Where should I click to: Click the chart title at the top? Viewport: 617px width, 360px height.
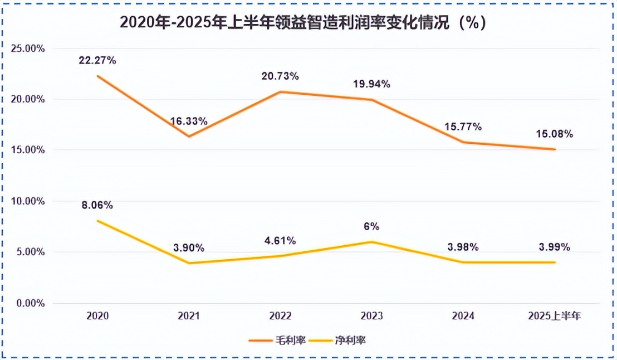coord(302,22)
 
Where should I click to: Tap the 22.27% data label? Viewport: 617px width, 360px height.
coord(97,60)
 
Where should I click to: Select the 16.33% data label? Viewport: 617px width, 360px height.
coord(189,121)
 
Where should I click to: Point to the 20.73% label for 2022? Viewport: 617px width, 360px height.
coord(280,76)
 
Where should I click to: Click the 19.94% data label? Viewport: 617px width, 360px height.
coord(371,84)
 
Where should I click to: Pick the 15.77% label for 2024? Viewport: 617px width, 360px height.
coord(463,127)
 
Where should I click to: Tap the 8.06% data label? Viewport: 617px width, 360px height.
coord(97,205)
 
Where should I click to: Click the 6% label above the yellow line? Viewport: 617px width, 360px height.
coord(371,226)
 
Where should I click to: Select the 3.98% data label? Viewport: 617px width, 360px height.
coord(463,247)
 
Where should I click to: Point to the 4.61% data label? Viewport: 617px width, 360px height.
coord(280,241)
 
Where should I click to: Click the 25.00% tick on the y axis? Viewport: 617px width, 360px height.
coord(28,48)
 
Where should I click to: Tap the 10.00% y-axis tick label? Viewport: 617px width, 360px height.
coord(28,201)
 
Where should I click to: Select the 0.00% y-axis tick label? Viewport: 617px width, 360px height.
coord(31,303)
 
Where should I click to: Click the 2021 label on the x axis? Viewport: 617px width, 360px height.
coord(189,316)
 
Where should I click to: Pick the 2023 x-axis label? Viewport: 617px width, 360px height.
coord(371,316)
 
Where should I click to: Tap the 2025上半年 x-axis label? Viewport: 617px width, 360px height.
coord(555,316)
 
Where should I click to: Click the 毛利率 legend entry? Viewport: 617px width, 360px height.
coord(277,340)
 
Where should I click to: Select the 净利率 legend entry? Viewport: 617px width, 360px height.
coord(337,340)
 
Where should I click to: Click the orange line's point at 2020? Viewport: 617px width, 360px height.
coord(97,76)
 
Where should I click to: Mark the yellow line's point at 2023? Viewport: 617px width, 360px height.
coord(371,242)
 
